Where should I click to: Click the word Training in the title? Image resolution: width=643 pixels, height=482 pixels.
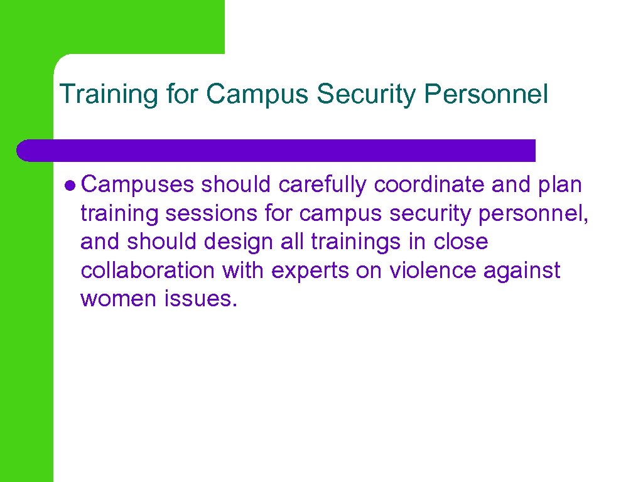[107, 95]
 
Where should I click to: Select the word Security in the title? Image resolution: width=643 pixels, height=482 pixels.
[367, 94]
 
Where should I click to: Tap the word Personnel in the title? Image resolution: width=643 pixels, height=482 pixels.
[486, 94]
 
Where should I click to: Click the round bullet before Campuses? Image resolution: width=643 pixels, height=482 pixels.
[70, 185]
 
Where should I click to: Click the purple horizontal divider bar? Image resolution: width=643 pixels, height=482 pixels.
[276, 151]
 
